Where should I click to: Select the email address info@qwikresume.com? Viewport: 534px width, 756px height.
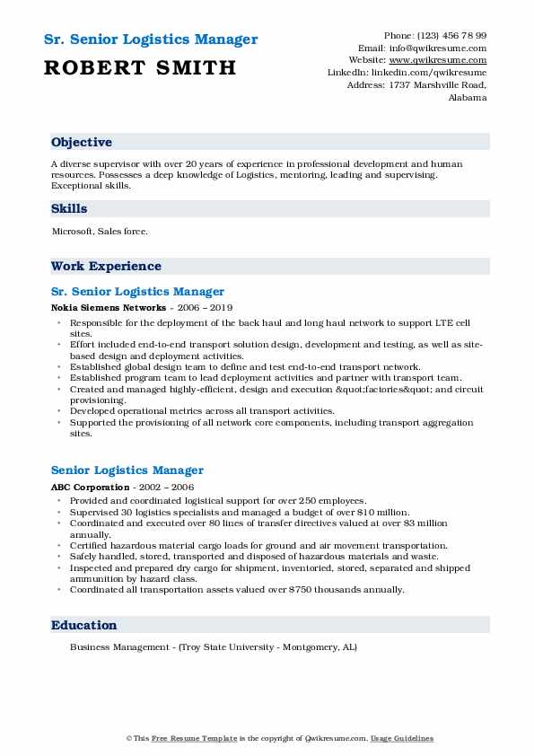pyautogui.click(x=436, y=48)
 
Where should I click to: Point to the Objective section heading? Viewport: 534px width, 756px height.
pyautogui.click(x=82, y=143)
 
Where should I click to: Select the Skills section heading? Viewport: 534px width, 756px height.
pyautogui.click(x=70, y=209)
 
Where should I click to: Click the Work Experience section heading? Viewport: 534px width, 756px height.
pyautogui.click(x=106, y=267)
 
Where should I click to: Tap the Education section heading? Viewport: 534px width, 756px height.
pyautogui.click(x=83, y=626)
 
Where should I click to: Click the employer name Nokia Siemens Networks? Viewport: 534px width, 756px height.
pyautogui.click(x=101, y=307)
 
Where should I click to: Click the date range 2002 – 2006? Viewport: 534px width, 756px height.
pyautogui.click(x=168, y=486)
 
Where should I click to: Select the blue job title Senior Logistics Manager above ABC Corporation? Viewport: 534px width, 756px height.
pyautogui.click(x=127, y=470)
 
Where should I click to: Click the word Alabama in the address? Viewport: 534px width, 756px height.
pyautogui.click(x=468, y=97)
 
